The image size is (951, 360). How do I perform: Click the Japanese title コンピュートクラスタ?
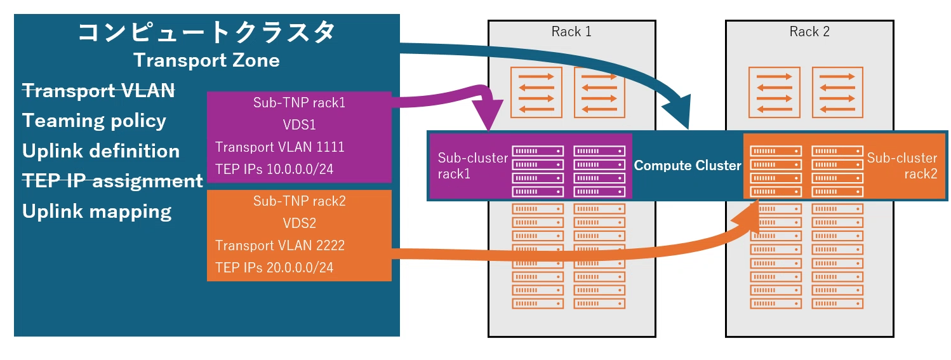[206, 32]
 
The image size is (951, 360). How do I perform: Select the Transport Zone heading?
[206, 60]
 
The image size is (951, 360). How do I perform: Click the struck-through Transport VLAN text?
[98, 90]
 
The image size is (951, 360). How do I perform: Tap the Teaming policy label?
[94, 121]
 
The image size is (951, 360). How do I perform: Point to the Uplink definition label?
[101, 151]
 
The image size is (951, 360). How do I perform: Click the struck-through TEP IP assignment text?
[112, 181]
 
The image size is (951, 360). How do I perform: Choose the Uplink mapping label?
[96, 211]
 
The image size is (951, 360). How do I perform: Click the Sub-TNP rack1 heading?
[299, 103]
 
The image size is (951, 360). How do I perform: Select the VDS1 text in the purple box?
[299, 125]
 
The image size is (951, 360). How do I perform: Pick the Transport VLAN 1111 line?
[279, 147]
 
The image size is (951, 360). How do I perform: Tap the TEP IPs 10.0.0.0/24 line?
[274, 169]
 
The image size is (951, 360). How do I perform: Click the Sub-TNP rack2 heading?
[299, 201]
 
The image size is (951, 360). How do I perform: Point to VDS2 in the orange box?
[299, 223]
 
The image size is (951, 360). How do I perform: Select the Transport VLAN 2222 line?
[279, 246]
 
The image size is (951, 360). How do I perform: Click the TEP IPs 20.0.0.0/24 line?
[274, 267]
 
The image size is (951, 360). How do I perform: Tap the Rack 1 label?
[571, 32]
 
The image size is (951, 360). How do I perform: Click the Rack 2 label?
[809, 32]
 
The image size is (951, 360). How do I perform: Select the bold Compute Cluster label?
[688, 166]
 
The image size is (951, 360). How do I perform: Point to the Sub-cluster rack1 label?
[472, 166]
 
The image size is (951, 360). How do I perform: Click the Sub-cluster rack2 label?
[902, 166]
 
